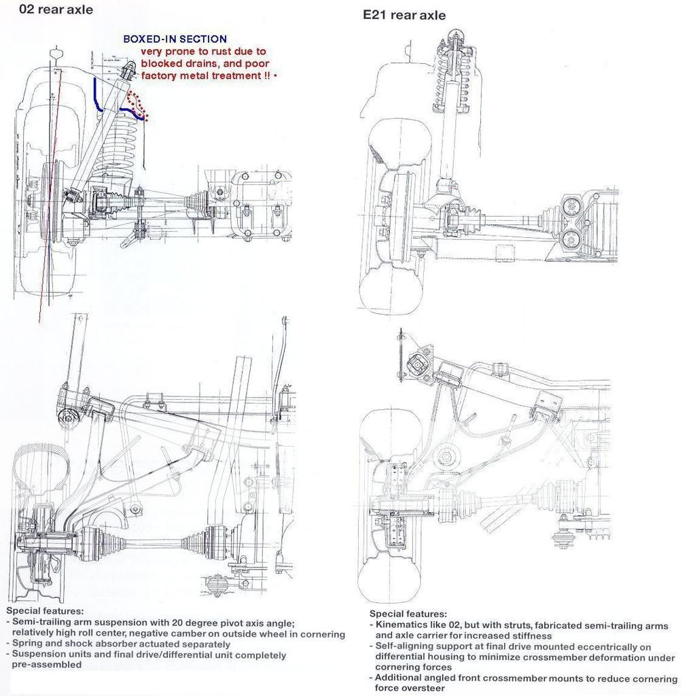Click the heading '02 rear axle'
pos(48,10)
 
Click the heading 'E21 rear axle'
pos(405,15)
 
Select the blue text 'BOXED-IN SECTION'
pos(175,39)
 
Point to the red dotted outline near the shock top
pos(139,105)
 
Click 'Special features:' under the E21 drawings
pos(408,614)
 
